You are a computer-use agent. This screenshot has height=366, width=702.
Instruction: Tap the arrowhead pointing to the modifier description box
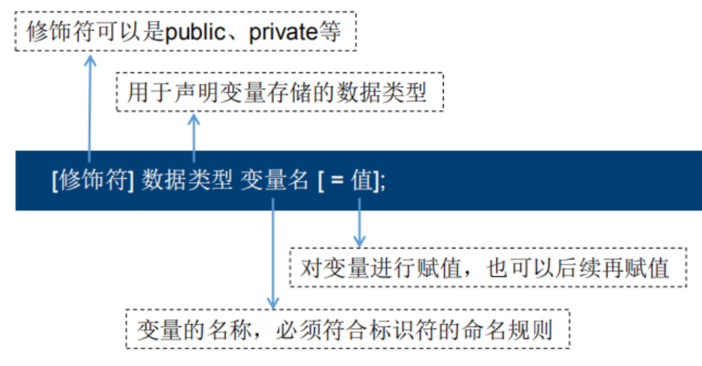click(90, 58)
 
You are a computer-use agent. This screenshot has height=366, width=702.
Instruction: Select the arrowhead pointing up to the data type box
click(195, 119)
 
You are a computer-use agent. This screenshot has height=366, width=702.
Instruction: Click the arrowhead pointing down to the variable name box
click(273, 302)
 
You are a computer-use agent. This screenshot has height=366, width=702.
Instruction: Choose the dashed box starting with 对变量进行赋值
click(487, 267)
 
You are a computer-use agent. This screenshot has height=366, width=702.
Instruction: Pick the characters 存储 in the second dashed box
click(281, 92)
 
